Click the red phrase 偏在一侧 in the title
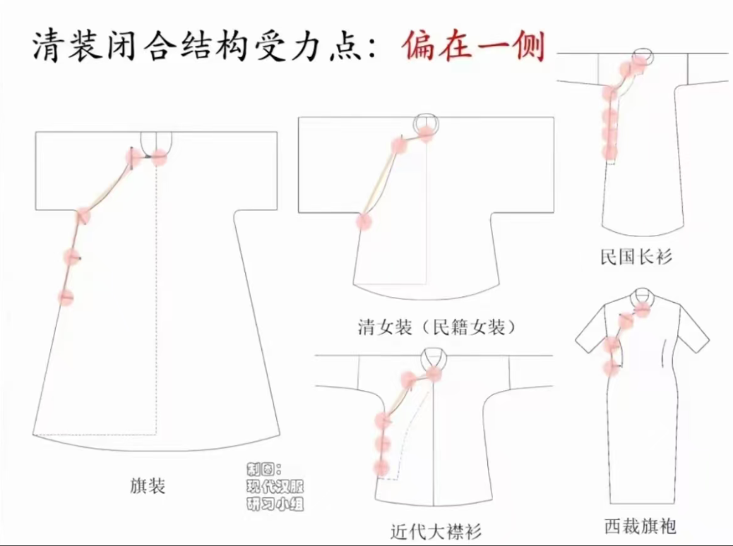point(475,46)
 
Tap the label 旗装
point(148,486)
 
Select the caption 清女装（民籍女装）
point(436,327)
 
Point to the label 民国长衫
point(636,256)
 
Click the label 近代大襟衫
point(436,531)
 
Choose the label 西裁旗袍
point(640,526)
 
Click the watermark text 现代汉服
point(275,487)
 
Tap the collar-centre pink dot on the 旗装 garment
point(159,157)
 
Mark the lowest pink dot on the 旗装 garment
point(66,296)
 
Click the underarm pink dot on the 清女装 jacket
point(363,221)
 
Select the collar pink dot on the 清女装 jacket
point(427,134)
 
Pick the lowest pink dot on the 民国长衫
point(609,152)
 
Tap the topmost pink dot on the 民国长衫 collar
point(640,59)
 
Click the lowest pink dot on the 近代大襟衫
point(381,467)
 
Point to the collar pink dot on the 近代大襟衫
point(434,374)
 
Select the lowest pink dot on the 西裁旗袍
point(610,368)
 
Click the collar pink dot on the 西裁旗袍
point(644,308)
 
